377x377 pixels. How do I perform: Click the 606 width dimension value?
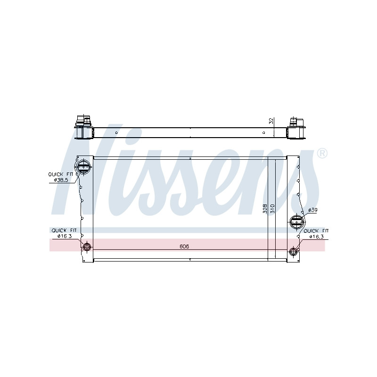coord(184,246)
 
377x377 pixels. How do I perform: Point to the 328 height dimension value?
coord(265,209)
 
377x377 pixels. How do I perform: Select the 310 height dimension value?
coord(272,209)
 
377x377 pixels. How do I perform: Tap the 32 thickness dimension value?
coord(271,121)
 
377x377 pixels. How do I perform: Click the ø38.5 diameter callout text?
coord(61,180)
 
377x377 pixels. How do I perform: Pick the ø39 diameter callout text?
coord(312,210)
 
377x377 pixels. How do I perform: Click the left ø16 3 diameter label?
coord(65,236)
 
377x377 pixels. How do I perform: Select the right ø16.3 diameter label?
coord(316,237)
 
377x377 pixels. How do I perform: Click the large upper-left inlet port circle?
coord(83,166)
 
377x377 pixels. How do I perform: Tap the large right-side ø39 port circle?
coord(297,221)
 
